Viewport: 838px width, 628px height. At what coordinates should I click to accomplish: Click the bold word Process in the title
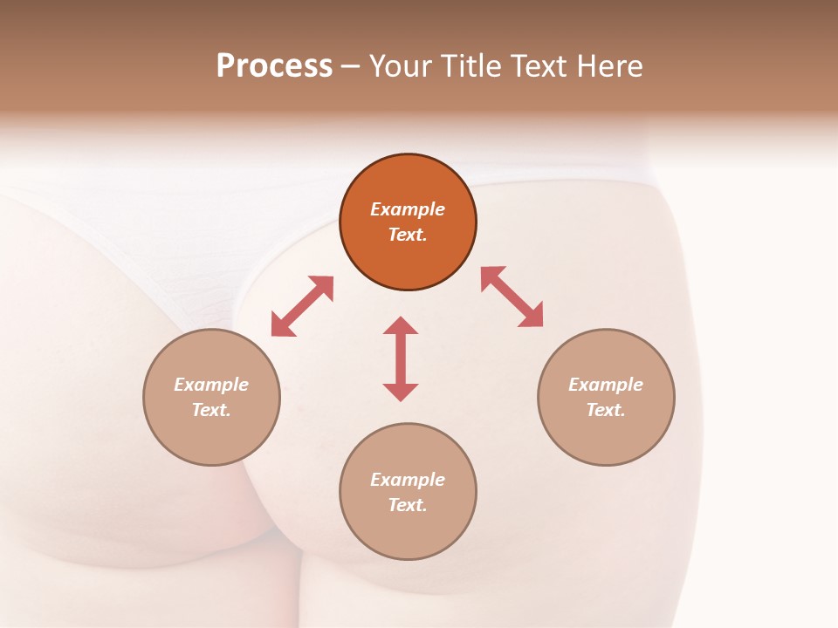point(274,66)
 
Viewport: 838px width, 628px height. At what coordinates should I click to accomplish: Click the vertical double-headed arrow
point(401,358)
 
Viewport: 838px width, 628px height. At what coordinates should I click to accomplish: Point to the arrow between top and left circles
point(302,306)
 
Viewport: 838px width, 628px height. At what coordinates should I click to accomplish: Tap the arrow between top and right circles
point(512,297)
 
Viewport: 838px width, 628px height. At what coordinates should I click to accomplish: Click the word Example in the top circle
point(408,209)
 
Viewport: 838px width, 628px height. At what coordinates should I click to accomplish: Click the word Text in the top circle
point(407,235)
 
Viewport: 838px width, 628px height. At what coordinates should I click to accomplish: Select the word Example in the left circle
point(211,385)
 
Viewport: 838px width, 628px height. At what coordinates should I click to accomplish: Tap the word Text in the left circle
point(210,410)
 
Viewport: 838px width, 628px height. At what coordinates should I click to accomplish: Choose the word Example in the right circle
point(606,385)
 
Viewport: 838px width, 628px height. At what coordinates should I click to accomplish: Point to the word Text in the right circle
point(605,410)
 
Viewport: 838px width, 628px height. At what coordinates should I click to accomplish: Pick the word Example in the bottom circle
point(408,480)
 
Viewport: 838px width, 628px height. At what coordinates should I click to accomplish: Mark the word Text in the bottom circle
point(407,505)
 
